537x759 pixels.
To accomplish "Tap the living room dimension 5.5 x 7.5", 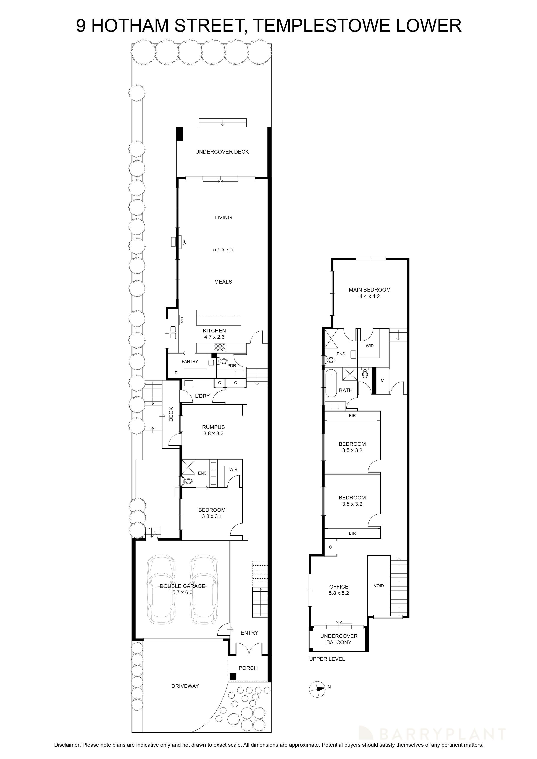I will pos(223,250).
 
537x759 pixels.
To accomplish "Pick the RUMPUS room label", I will pos(213,427).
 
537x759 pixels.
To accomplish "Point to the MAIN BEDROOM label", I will pos(370,290).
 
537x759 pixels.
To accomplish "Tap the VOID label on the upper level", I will pos(379,586).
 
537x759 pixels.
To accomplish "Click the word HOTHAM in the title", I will pos(130,26).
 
